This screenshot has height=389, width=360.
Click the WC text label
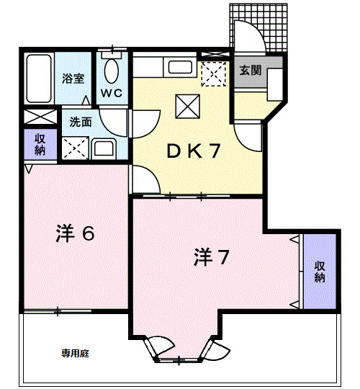112,94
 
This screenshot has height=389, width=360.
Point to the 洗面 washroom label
81,122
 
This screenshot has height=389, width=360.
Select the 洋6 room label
75,234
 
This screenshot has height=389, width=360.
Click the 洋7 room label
212,256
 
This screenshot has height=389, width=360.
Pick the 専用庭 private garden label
75,354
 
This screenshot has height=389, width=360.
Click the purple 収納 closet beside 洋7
320,272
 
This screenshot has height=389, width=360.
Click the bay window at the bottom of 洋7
179,349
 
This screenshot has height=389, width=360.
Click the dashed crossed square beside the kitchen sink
212,73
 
